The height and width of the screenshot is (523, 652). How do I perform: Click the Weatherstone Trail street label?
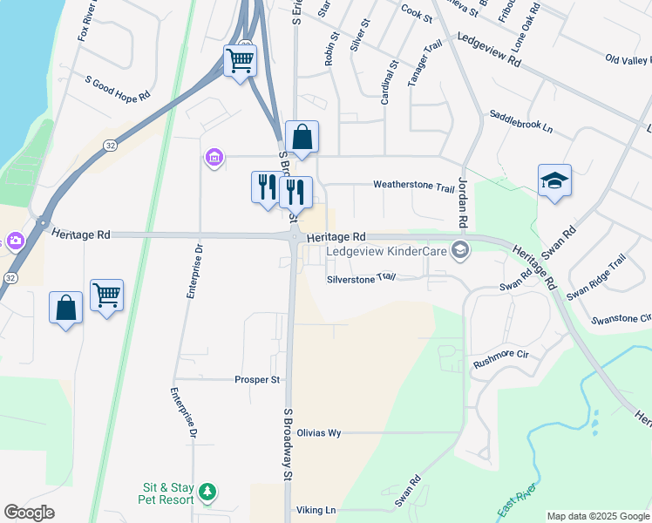(414, 186)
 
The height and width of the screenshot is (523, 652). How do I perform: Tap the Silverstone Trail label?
(361, 278)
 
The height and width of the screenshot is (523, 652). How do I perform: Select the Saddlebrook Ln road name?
(521, 121)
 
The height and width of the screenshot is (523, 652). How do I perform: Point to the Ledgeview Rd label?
(488, 51)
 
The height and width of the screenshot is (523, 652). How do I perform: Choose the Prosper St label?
(256, 380)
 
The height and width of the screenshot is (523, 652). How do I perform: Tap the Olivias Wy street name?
(318, 432)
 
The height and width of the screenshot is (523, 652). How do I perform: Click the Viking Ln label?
(317, 510)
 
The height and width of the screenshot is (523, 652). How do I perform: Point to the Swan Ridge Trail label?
(596, 278)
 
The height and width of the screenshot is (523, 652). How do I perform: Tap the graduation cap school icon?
(554, 180)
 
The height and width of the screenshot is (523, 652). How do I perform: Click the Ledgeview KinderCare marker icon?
(460, 252)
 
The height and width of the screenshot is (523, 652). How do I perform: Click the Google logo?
(30, 513)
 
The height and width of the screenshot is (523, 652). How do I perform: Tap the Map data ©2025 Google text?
(597, 516)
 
